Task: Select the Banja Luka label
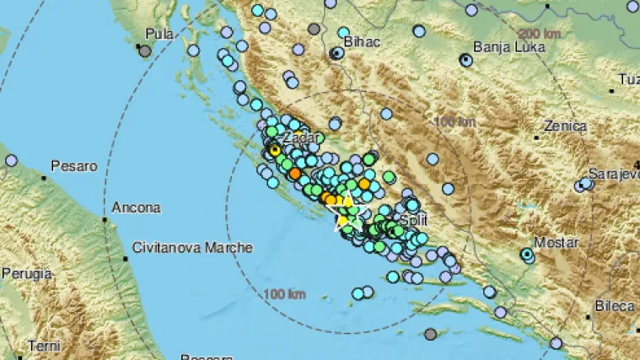click(505, 47)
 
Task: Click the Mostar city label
click(558, 253)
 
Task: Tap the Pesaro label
click(74, 167)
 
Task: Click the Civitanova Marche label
click(192, 248)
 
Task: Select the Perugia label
click(26, 274)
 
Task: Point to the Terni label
click(44, 346)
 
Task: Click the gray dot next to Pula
click(145, 51)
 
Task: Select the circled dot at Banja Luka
click(465, 60)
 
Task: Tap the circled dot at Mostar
click(527, 253)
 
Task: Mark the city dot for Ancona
click(105, 219)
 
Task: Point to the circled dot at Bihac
click(336, 53)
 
